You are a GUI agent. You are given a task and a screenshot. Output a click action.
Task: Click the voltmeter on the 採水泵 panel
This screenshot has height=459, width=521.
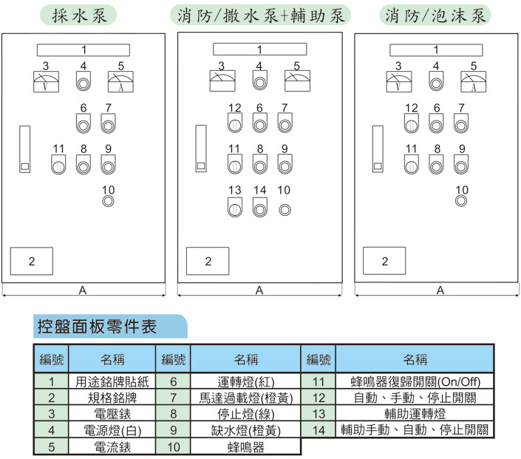click(46, 82)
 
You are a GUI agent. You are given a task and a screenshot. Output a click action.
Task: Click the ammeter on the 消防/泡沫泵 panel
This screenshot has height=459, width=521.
click(474, 82)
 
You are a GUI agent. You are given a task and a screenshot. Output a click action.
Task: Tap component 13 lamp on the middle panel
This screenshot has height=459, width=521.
click(235, 207)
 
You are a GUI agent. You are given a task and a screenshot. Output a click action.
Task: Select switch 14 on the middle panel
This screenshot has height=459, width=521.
click(260, 207)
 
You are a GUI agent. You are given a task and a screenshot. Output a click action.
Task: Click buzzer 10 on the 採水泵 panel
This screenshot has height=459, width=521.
click(109, 201)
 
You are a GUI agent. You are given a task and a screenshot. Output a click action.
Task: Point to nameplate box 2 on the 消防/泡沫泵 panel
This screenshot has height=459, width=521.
click(384, 261)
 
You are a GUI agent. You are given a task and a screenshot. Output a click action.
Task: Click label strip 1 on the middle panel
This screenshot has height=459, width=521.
click(260, 50)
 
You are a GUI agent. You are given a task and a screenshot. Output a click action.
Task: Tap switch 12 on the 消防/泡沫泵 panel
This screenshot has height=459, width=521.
click(412, 123)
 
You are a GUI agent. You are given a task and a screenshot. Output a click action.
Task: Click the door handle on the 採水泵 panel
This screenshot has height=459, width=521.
click(25, 149)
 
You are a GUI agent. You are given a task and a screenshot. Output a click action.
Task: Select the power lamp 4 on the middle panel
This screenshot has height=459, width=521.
click(260, 81)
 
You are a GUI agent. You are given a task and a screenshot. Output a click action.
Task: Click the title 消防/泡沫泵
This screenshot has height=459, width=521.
click(435, 16)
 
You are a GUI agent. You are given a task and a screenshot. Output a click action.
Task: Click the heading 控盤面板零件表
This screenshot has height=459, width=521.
click(97, 327)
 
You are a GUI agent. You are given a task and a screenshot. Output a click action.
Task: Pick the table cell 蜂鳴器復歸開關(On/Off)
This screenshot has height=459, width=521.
click(415, 381)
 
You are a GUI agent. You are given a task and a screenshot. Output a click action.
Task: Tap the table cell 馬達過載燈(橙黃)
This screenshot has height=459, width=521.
click(246, 398)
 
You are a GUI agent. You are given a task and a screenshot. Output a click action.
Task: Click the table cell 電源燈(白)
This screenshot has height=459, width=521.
click(112, 430)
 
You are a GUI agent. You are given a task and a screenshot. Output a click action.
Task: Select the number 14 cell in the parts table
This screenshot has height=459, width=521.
click(319, 430)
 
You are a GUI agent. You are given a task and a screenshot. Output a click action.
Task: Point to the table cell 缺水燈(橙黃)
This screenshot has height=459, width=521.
click(246, 430)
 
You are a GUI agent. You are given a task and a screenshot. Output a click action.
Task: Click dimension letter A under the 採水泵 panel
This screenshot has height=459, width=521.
click(83, 290)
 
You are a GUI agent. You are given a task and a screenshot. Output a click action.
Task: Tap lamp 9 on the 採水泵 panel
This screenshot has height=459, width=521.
click(109, 165)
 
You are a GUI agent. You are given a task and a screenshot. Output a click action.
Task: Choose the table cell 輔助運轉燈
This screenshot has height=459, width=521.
click(415, 414)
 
